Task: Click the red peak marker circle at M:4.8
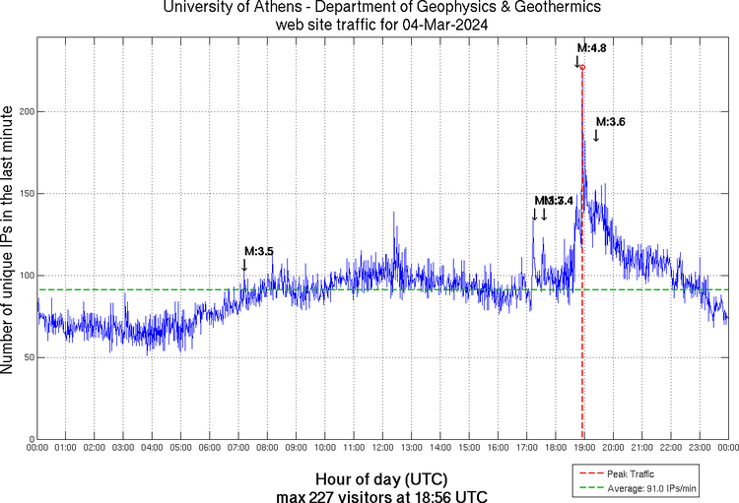tap(582, 68)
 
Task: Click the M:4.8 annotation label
tap(591, 47)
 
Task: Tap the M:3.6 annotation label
tap(611, 121)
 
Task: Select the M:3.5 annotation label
tap(258, 251)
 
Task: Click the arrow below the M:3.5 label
tap(244, 264)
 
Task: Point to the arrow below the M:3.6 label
tap(595, 135)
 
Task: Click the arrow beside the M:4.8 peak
tap(577, 62)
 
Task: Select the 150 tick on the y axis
tap(26, 194)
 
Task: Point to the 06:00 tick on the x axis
tap(210, 448)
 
